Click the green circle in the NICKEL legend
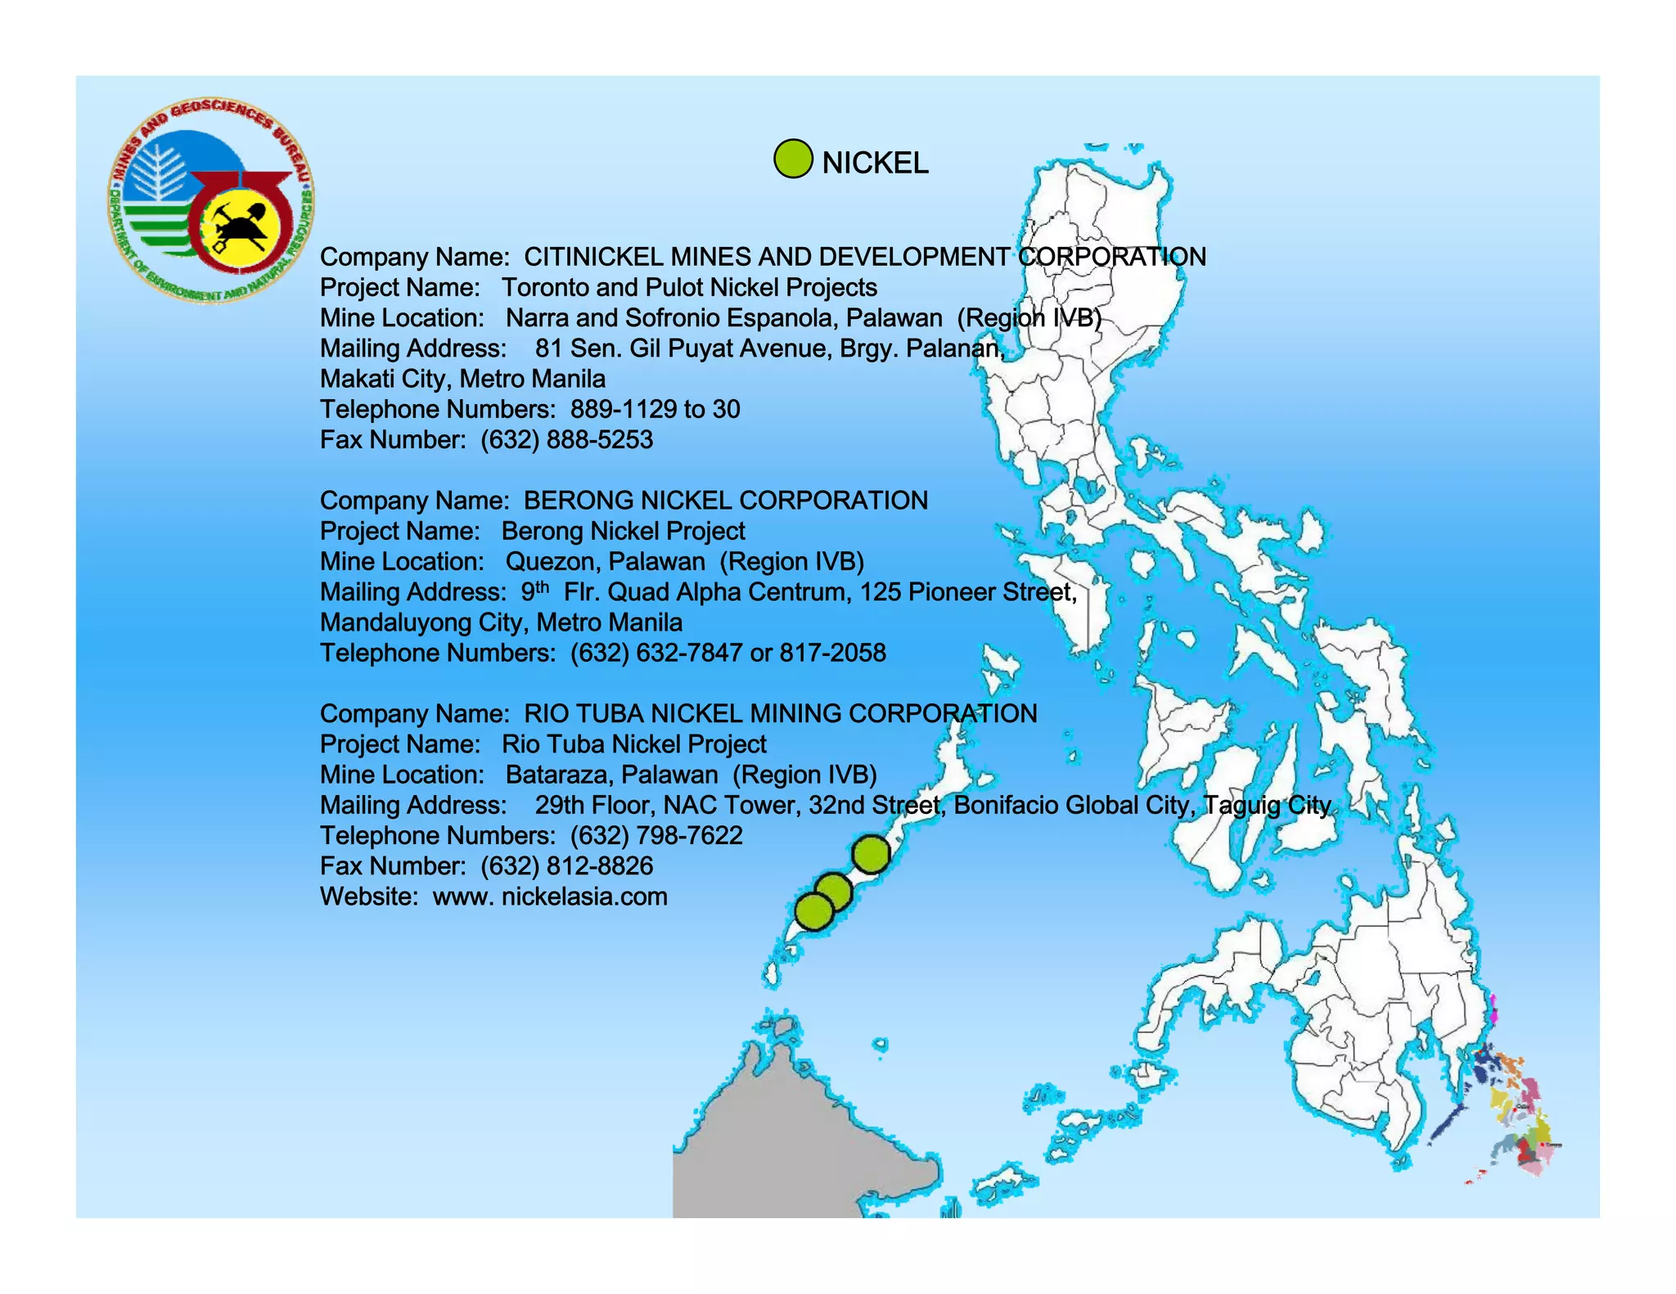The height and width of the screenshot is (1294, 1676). click(x=792, y=159)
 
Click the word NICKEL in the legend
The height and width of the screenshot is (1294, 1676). click(x=875, y=163)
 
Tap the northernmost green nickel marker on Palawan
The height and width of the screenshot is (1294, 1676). click(x=871, y=854)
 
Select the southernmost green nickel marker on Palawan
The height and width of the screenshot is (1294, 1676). click(x=813, y=911)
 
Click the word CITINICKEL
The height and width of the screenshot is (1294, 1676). click(x=592, y=257)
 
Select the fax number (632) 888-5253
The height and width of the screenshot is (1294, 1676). click(x=566, y=440)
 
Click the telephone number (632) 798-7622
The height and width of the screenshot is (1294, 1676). click(x=656, y=836)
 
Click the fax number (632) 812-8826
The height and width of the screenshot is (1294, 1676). click(x=566, y=866)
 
